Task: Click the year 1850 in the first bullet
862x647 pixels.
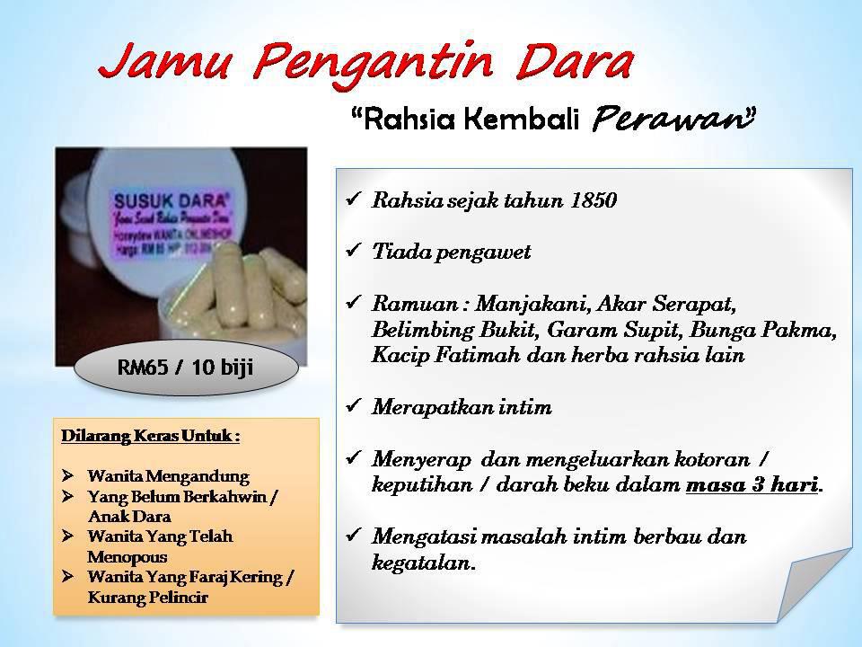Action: point(594,201)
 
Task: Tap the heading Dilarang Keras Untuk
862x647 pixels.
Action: point(151,437)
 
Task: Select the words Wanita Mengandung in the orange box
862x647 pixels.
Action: point(168,475)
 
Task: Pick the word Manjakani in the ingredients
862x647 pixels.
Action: point(520,303)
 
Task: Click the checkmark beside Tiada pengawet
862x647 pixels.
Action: point(353,252)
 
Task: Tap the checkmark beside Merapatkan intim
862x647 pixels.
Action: point(353,407)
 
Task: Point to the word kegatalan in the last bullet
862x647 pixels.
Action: point(422,563)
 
